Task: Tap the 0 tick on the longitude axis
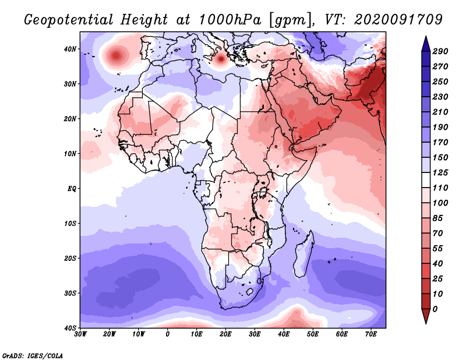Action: (x=168, y=334)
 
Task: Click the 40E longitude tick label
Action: (x=284, y=334)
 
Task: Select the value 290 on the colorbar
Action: (x=440, y=51)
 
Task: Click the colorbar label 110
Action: (x=440, y=188)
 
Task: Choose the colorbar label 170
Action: (x=440, y=142)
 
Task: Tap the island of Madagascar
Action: (x=303, y=255)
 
